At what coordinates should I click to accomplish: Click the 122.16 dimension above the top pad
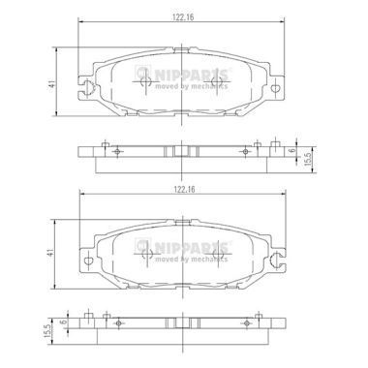[183, 17]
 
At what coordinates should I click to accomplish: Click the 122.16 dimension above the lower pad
[184, 190]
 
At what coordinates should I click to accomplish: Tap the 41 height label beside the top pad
[52, 84]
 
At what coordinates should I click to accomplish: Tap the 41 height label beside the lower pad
[51, 253]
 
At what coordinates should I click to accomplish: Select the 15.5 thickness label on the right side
[308, 159]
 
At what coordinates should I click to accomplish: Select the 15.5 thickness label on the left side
[49, 331]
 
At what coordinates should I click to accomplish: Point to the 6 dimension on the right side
[291, 150]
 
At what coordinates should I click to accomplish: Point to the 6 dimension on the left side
[64, 322]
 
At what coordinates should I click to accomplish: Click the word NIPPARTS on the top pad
[192, 76]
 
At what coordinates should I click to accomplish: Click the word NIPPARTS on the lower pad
[192, 248]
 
